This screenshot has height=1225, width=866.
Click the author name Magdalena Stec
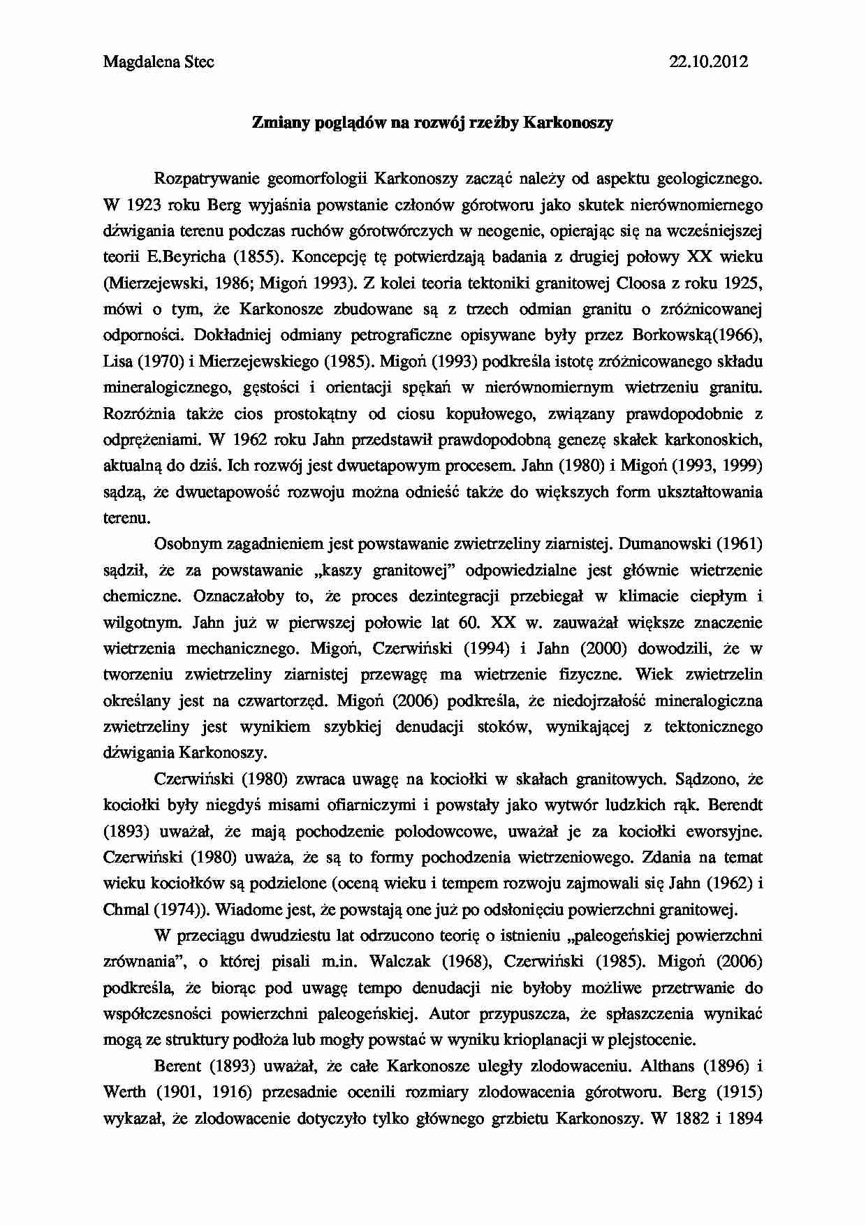pos(159,61)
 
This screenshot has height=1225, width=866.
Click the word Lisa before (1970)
pos(117,362)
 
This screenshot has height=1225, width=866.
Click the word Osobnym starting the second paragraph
pos(185,543)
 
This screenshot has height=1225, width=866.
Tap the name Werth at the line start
pos(124,1092)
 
